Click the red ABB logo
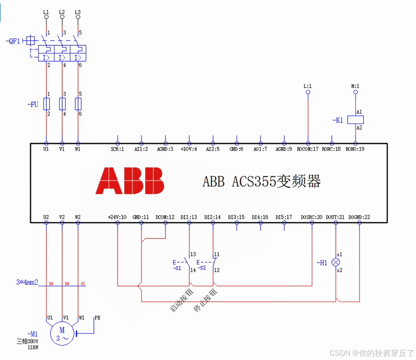pos(130,180)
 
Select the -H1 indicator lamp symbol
pos(336,262)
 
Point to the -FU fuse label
pos(32,104)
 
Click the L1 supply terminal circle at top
pos(46,17)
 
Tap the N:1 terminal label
pos(355,86)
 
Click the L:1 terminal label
pos(308,86)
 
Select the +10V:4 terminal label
pos(189,149)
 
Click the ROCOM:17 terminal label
pos(308,149)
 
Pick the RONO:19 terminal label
pos(355,149)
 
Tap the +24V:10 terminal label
pos(117,217)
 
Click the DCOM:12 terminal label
pos(165,217)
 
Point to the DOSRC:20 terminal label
pos(312,217)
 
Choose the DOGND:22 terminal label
pos(359,217)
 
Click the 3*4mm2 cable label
pos(27,282)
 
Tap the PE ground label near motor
pos(97,318)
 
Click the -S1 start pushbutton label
pos(177,268)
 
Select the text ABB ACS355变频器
pos(261,181)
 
